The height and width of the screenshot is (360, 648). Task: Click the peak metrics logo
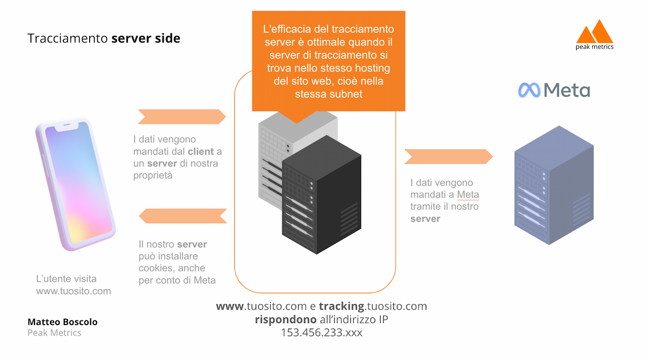pyautogui.click(x=594, y=34)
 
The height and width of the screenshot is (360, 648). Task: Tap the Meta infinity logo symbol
pyautogui.click(x=529, y=90)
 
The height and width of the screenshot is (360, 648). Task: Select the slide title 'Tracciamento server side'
pyautogui.click(x=104, y=38)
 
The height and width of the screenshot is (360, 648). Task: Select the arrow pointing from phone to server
pyautogui.click(x=182, y=116)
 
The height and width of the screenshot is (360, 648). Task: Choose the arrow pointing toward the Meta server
pyautogui.click(x=449, y=156)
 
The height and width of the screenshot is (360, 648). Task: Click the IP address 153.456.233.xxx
pyautogui.click(x=321, y=333)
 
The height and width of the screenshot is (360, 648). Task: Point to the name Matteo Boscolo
pyautogui.click(x=62, y=322)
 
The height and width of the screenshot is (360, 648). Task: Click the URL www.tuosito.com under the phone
pyautogui.click(x=73, y=291)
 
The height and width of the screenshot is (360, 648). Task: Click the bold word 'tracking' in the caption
pyautogui.click(x=341, y=306)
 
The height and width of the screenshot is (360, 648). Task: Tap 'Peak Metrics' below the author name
pyautogui.click(x=54, y=333)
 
